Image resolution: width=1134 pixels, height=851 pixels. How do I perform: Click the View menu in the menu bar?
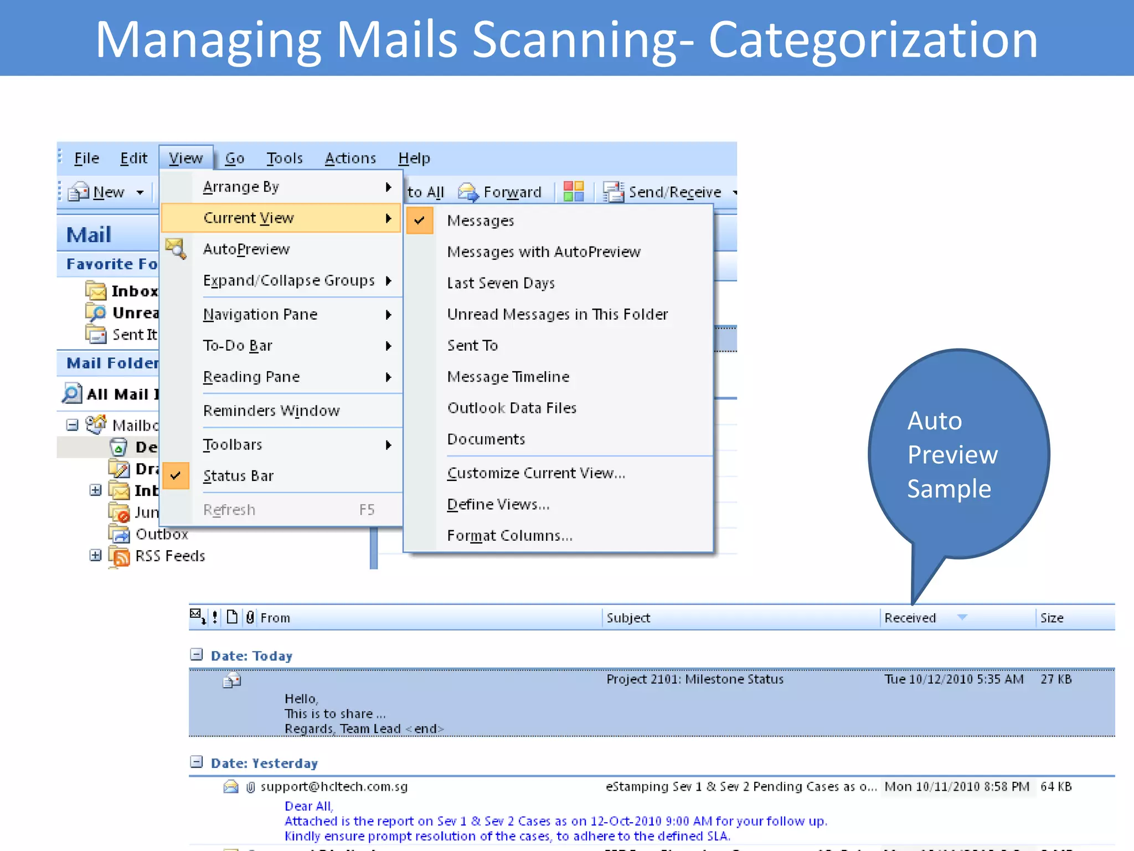[185, 158]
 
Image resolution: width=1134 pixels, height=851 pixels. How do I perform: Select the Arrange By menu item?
[241, 187]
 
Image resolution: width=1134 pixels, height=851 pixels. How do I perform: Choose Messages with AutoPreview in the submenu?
[543, 252]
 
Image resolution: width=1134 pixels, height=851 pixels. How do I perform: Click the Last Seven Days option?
[501, 283]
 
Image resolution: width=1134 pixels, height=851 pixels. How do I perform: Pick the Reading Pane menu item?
[251, 377]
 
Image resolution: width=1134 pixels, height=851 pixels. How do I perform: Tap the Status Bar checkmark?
[176, 476]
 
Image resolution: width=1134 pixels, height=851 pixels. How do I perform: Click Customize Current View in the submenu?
[536, 474]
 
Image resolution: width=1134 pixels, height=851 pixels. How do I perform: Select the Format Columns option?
[509, 536]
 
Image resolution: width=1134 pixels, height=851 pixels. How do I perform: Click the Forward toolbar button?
[501, 192]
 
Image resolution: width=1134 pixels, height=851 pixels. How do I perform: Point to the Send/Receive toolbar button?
[664, 192]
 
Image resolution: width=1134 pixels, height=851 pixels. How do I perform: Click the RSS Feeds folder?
[169, 556]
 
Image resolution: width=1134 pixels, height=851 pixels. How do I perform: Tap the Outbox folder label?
[162, 535]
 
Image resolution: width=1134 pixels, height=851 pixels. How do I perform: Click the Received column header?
[910, 618]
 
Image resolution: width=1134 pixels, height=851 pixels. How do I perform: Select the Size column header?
[1051, 618]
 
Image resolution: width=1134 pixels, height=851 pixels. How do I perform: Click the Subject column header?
[628, 618]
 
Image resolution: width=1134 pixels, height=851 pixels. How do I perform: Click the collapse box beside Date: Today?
[197, 655]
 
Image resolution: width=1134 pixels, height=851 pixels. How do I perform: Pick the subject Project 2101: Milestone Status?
[694, 679]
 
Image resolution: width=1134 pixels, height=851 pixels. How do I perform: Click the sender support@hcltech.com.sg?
[334, 787]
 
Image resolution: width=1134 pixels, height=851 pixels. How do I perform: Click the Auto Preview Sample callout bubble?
[958, 454]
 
